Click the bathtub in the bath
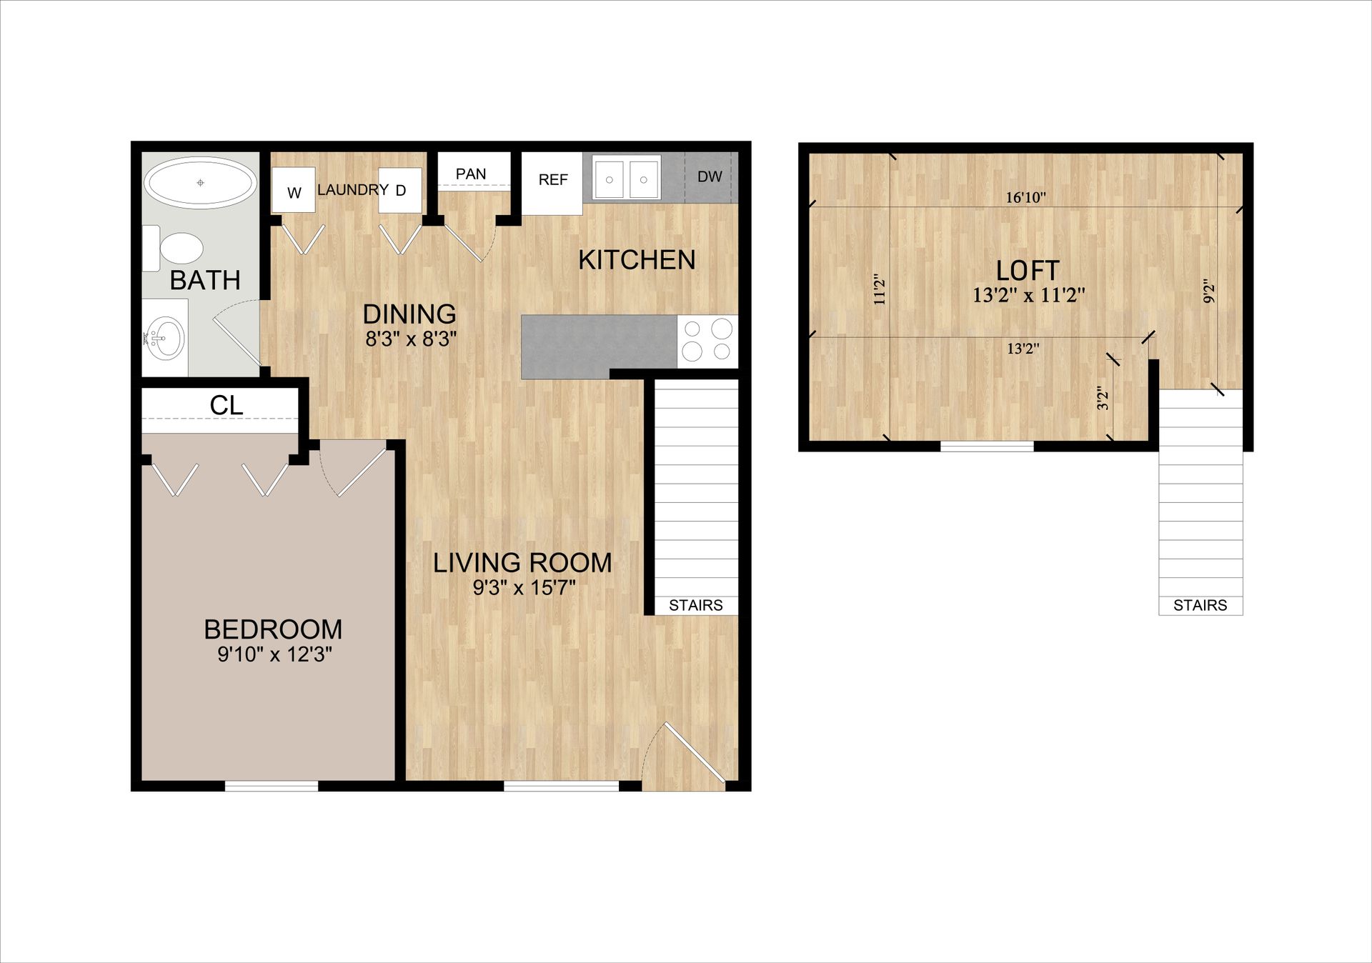pos(201,183)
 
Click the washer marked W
pos(294,191)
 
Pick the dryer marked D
pos(400,190)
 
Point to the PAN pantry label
pos(471,174)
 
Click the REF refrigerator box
pos(553,180)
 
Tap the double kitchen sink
pos(626,179)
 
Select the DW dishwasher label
pos(710,176)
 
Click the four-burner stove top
pos(707,340)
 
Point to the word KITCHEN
pos(637,260)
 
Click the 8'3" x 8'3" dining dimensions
pos(411,339)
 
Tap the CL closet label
pos(227,406)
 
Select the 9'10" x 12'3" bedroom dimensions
pos(274,654)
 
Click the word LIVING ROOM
pos(522,563)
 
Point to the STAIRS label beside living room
pos(695,605)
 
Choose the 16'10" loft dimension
pos(1026,197)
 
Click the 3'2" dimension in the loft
pos(1103,398)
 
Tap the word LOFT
pos(1028,271)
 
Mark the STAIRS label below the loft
pos(1200,606)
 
